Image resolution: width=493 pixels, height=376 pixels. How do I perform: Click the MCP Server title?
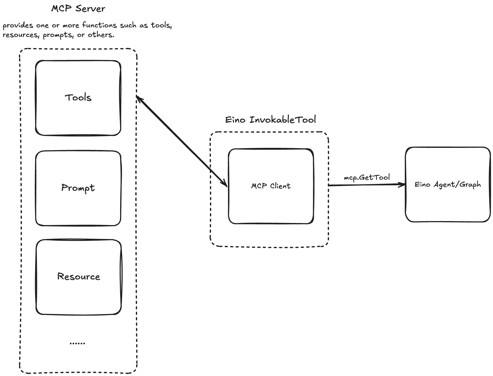coord(78,9)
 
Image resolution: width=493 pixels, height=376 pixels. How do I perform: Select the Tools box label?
coord(78,97)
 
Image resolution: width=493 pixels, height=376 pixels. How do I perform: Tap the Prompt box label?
coord(78,188)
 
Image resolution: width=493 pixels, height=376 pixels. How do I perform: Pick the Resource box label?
coord(79,276)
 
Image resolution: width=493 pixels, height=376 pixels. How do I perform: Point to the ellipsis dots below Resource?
coord(77,343)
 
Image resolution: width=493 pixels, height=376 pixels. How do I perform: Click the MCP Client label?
coord(271,186)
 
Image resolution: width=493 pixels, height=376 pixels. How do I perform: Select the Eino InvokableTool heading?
coord(270,120)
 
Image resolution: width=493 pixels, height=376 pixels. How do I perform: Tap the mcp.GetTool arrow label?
coord(367,177)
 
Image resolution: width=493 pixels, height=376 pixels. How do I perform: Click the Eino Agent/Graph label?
coord(448,184)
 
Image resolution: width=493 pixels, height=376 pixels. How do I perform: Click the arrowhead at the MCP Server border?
coord(138,98)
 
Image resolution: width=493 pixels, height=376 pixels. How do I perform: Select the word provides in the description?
coord(18,26)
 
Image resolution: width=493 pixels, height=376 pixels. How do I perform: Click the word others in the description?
coord(101,35)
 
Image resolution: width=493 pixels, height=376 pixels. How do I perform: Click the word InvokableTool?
coord(282,120)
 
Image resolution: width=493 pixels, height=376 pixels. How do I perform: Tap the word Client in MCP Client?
coord(280,186)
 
